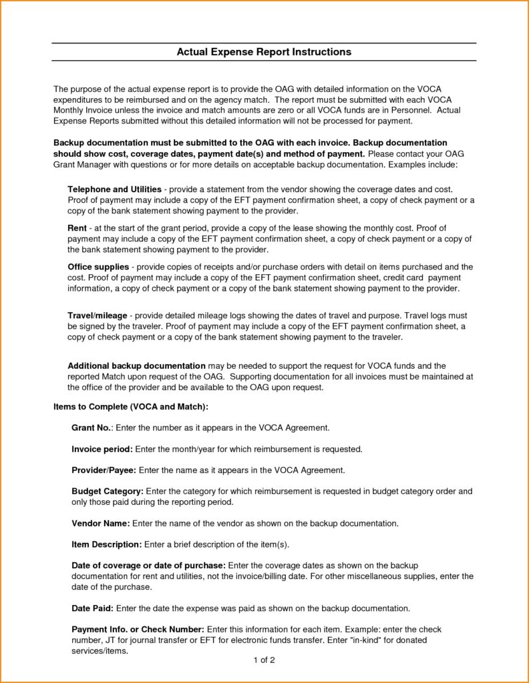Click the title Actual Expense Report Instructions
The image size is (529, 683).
[264, 51]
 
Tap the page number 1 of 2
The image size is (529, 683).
[264, 660]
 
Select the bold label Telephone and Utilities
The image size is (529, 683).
[115, 189]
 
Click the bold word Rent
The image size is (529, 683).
[77, 228]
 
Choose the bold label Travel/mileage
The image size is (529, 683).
[98, 315]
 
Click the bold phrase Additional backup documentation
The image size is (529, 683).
[136, 366]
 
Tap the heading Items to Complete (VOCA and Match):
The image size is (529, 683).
[130, 406]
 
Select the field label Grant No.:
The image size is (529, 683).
[92, 427]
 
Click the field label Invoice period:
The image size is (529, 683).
[102, 449]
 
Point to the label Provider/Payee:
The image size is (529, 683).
[104, 470]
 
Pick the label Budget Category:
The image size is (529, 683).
[107, 491]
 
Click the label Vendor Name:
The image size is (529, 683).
[100, 523]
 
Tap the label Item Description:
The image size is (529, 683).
[106, 544]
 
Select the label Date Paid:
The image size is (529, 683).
[94, 608]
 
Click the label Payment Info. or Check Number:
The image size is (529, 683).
[138, 629]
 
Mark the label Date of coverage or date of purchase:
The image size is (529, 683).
[148, 566]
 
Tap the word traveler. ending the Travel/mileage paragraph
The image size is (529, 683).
[385, 337]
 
